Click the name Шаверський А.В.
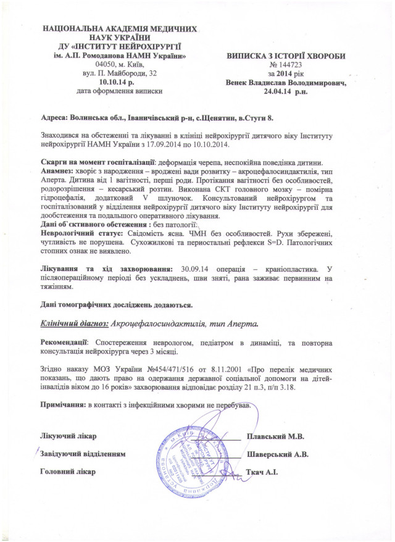tap(278, 454)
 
